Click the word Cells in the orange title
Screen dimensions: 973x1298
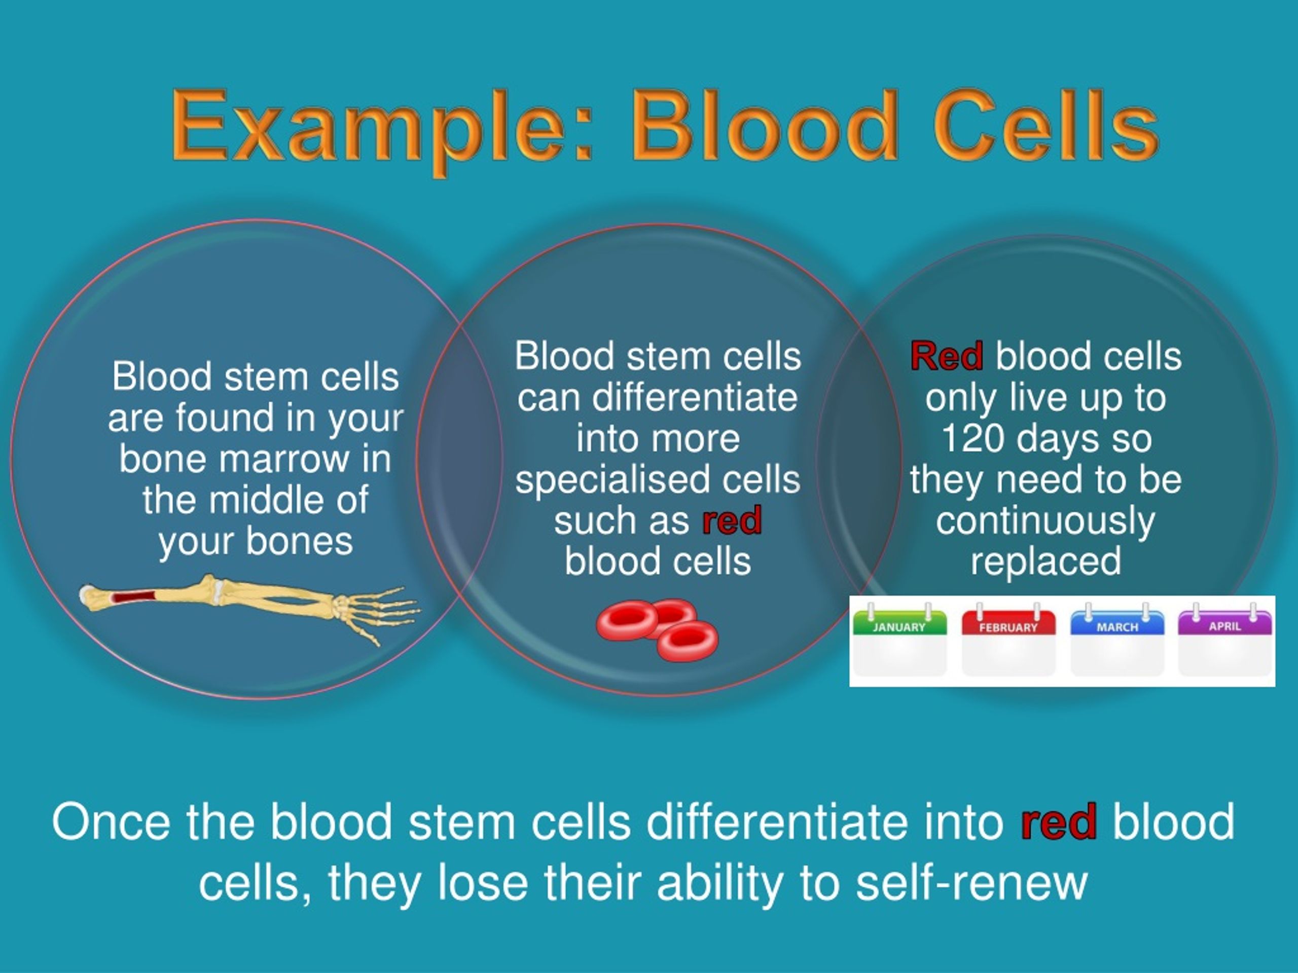click(1044, 126)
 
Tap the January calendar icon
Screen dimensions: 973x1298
click(899, 642)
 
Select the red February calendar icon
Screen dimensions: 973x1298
click(1008, 642)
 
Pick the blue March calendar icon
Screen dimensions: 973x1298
click(1116, 642)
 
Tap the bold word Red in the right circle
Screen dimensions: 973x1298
click(947, 357)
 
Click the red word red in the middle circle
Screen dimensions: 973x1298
click(732, 520)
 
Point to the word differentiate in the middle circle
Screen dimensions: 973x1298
click(694, 398)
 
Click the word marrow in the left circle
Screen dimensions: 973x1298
click(285, 459)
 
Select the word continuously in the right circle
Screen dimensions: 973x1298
click(1045, 521)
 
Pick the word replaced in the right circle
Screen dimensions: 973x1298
click(1045, 562)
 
